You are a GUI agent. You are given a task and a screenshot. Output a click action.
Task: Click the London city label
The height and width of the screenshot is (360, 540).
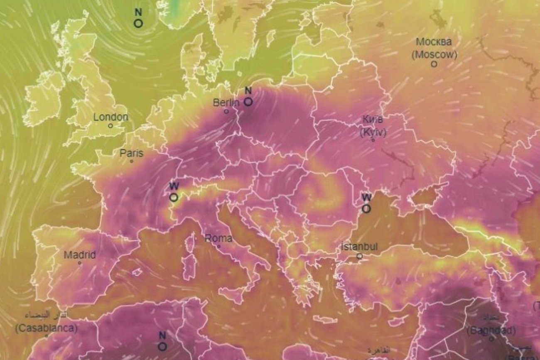(x=110, y=117)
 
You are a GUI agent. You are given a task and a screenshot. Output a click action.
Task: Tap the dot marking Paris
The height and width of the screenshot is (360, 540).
(x=132, y=161)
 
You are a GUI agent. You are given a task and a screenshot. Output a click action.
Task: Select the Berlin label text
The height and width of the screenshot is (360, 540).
(x=226, y=103)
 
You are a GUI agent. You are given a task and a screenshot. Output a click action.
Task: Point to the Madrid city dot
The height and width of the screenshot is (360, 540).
(x=80, y=263)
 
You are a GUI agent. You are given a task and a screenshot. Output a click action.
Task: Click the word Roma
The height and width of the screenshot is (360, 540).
(x=218, y=239)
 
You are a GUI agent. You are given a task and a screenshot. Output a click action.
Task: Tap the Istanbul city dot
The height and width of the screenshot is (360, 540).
(x=360, y=256)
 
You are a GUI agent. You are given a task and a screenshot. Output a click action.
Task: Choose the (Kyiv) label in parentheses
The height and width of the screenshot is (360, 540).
(x=373, y=133)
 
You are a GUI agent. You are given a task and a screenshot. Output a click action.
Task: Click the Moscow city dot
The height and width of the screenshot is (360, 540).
(x=434, y=64)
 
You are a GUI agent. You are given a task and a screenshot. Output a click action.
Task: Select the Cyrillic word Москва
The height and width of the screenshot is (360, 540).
(x=434, y=42)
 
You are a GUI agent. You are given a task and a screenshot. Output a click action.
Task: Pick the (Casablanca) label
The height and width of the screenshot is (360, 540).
(x=46, y=328)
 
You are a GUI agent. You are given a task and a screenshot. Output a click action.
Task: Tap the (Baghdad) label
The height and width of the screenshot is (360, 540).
(x=491, y=331)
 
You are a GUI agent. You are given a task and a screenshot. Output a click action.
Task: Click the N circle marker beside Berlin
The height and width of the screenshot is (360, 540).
(x=248, y=101)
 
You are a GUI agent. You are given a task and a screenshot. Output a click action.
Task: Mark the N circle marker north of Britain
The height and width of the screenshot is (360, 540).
(x=138, y=23)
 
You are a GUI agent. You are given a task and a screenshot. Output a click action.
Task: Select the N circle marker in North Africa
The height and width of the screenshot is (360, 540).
(x=162, y=346)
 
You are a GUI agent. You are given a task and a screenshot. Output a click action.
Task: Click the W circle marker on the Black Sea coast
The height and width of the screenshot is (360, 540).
(x=366, y=209)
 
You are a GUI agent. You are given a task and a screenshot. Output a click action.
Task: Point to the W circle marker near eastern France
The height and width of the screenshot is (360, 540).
(x=174, y=197)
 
